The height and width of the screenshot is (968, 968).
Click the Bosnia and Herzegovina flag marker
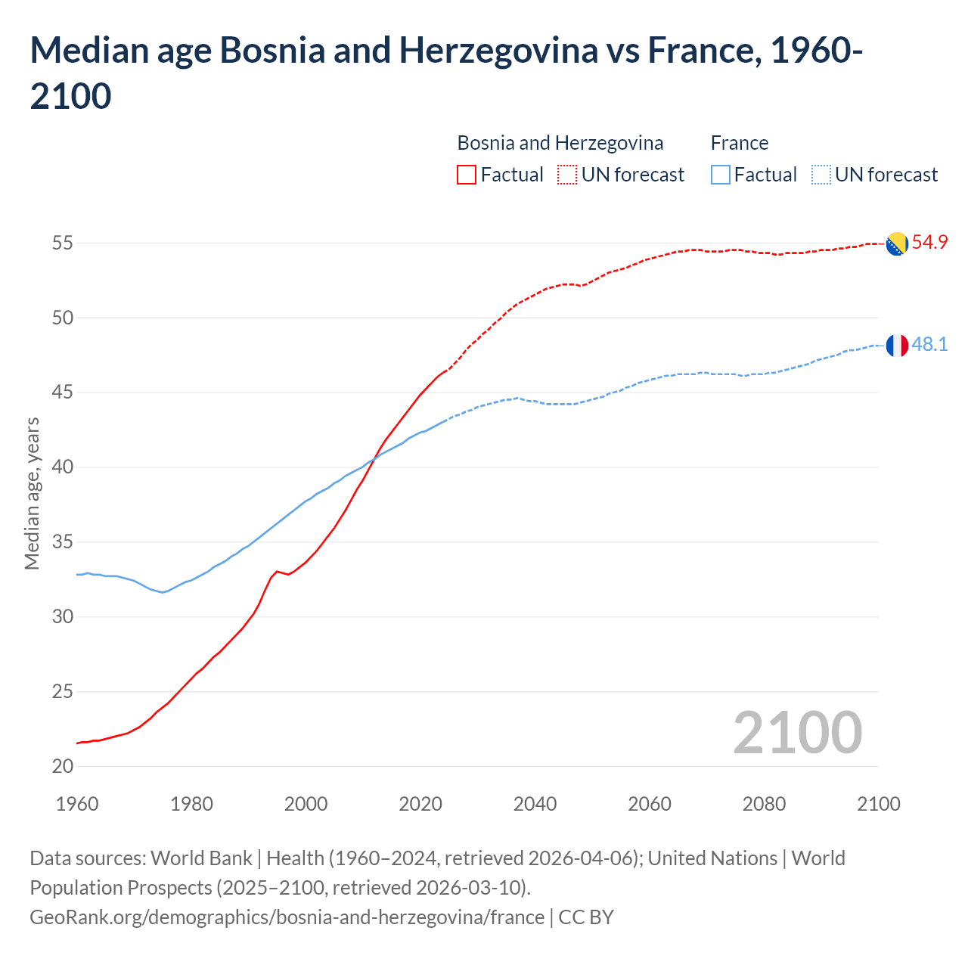coord(896,244)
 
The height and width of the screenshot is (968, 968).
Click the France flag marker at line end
coord(896,345)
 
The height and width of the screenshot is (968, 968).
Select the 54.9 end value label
coord(929,243)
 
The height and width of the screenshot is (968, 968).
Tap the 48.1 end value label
coord(929,345)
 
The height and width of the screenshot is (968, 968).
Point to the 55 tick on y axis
coord(63,244)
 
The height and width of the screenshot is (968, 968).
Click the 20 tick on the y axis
coord(63,766)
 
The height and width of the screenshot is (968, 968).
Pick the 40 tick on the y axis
coord(63,467)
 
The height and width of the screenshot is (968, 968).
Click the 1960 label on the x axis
coord(77,804)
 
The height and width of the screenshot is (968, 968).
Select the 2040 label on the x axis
coord(535,804)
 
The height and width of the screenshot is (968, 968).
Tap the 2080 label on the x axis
coord(764,804)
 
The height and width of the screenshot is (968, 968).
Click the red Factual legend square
coord(467,175)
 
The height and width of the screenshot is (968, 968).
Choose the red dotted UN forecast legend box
coord(567,175)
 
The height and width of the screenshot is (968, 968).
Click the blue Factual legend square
coord(721,175)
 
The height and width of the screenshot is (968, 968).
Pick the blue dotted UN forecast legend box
coord(821,175)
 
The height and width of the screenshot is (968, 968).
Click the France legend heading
coord(739,143)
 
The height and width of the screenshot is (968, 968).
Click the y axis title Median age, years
coord(32,493)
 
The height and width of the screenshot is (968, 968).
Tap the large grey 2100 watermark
coord(797,732)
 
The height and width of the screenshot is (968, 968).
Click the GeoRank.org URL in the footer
coord(287,917)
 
